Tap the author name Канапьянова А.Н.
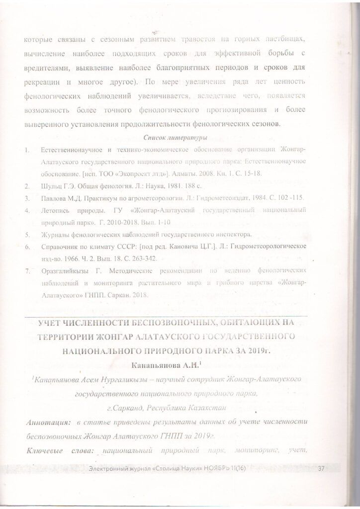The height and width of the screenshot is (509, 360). tap(163, 365)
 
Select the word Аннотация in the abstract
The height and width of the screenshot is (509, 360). tap(48, 423)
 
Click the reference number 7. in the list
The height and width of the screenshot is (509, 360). tap(28, 271)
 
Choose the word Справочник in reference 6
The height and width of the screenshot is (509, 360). tap(60, 247)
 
